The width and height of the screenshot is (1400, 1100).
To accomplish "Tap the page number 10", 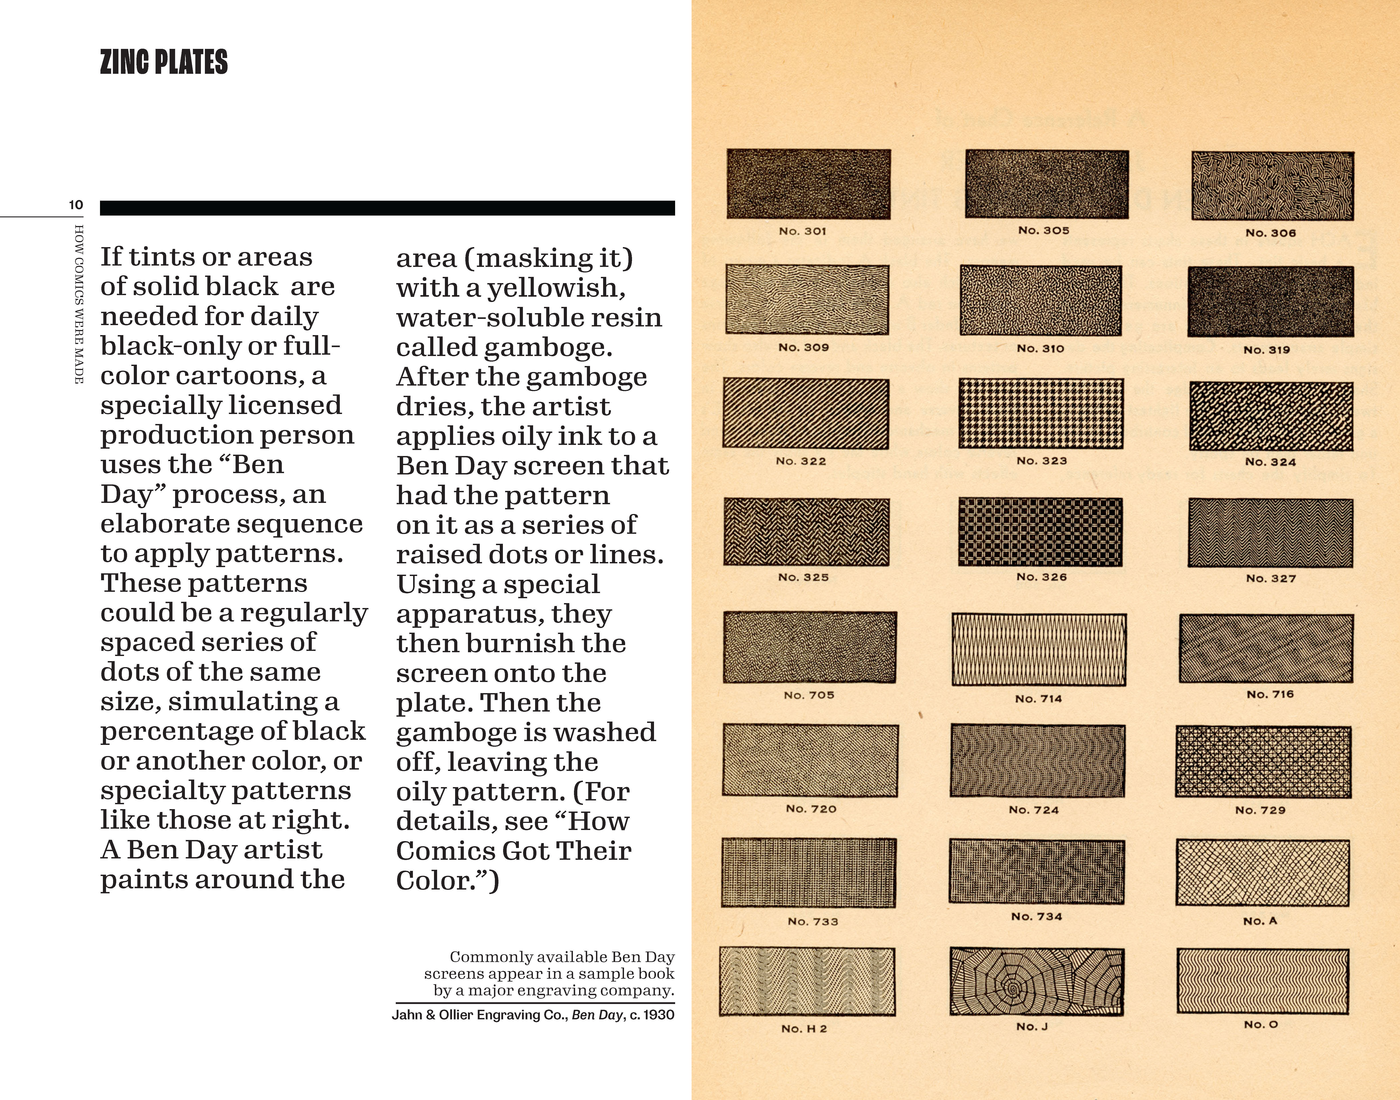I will tap(76, 205).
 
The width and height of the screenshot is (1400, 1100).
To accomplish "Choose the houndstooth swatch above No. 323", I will tap(1041, 414).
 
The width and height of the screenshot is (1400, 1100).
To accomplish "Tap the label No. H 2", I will tap(804, 1028).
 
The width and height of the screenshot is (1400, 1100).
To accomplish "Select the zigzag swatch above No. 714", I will tap(1039, 649).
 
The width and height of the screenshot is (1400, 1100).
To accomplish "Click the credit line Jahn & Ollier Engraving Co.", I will tap(480, 1015).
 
